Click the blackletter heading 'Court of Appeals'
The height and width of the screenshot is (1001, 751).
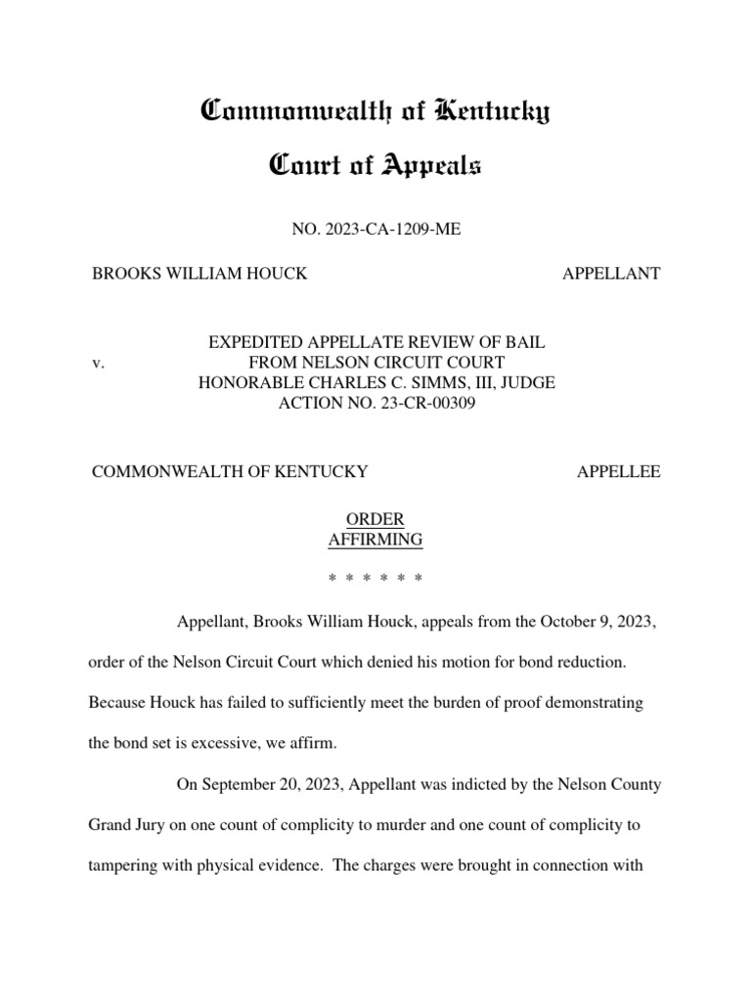(375, 167)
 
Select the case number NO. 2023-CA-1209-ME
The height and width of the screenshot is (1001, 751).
(375, 229)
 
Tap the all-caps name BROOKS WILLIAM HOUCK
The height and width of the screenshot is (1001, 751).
(199, 274)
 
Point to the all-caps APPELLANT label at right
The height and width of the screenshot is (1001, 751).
(611, 274)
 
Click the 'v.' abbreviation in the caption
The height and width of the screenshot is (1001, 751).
(98, 363)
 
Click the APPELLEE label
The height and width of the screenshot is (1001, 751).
(618, 471)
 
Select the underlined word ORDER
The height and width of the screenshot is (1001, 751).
(376, 519)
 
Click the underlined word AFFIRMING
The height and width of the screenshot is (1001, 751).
(376, 539)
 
